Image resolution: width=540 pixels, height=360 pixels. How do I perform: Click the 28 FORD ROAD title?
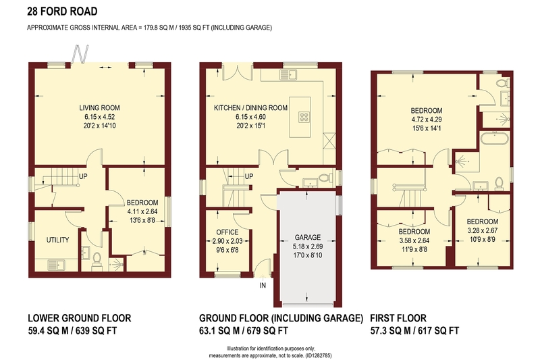click(x=62, y=11)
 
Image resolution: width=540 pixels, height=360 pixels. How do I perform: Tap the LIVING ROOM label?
click(x=99, y=108)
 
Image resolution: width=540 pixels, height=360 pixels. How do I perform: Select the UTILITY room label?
click(x=58, y=240)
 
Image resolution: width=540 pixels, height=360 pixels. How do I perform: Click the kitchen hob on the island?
click(x=304, y=117)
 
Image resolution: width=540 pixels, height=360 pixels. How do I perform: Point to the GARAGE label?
click(x=308, y=237)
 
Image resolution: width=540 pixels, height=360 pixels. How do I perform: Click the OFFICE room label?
click(x=227, y=232)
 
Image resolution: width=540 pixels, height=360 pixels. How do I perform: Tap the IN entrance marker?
click(x=263, y=285)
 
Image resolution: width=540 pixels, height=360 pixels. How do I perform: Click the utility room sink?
click(x=57, y=265)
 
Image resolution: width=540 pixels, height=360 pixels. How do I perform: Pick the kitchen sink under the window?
click(x=289, y=74)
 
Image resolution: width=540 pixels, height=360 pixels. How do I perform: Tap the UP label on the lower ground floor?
click(x=83, y=176)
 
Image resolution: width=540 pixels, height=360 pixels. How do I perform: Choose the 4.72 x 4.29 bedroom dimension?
click(x=427, y=120)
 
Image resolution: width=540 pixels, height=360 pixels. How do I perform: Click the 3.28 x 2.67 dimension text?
click(x=483, y=230)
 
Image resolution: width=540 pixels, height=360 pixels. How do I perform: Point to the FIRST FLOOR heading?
click(x=398, y=318)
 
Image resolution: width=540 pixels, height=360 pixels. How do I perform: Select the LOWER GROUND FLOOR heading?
click(x=79, y=318)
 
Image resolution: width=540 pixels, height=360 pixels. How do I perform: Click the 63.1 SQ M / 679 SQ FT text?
click(x=244, y=331)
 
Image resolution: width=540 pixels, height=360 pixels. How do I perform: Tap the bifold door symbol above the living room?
click(x=80, y=54)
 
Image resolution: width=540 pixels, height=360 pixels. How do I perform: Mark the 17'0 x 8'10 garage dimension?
click(x=308, y=255)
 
